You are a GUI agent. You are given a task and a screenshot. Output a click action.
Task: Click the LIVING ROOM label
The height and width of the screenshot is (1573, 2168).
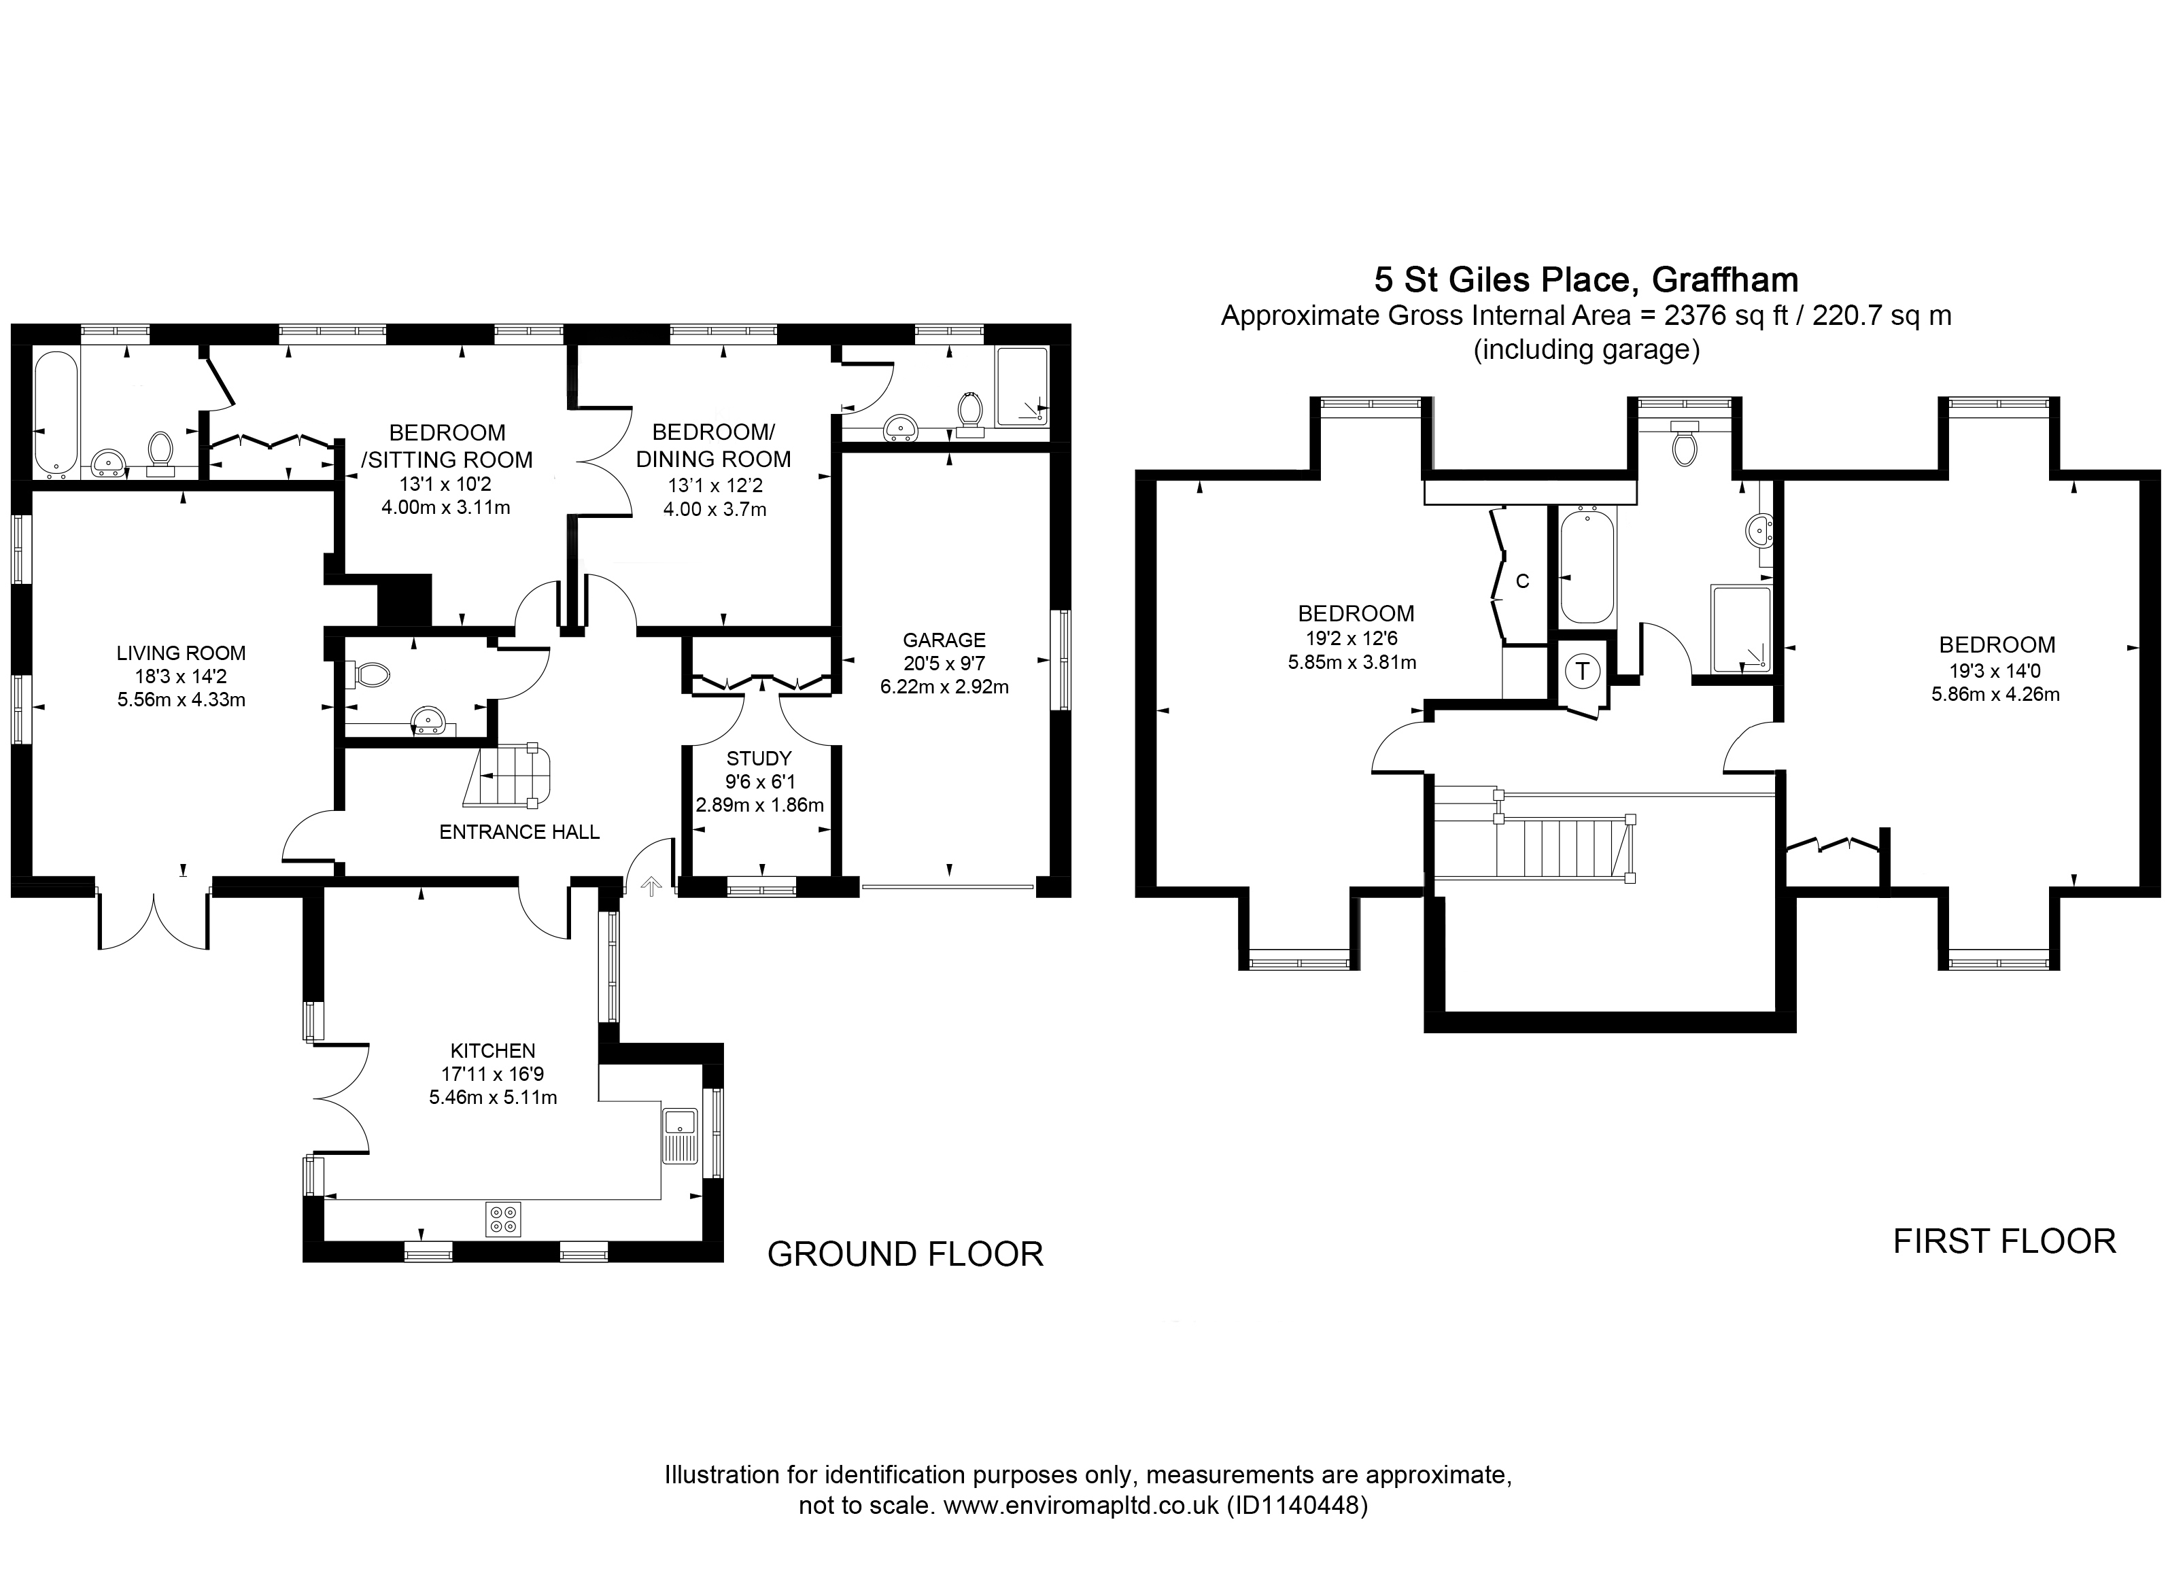coord(181,654)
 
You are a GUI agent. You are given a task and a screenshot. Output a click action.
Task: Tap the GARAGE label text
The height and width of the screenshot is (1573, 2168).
coord(944,640)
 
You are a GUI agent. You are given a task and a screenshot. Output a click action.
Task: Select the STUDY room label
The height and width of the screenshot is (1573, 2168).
coord(759,759)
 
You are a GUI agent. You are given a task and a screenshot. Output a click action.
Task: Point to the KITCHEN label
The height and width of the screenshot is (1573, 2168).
coord(494,1051)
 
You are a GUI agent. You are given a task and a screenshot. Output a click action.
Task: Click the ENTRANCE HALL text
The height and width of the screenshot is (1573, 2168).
coord(519,832)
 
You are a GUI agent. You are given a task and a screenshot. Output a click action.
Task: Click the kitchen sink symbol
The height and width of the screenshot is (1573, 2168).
coord(681,1135)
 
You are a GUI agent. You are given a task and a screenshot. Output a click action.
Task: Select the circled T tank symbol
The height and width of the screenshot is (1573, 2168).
coord(1583,671)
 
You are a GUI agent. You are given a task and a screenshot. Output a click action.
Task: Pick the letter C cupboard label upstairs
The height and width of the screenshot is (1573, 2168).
coord(1523,581)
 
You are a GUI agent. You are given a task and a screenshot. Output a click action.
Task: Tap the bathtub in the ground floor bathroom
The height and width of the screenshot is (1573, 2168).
coord(56,414)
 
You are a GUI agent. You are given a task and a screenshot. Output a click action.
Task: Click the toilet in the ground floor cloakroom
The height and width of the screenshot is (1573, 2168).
coord(371,676)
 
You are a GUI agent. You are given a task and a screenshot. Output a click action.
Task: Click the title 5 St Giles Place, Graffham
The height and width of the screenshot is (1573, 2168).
coord(1586,279)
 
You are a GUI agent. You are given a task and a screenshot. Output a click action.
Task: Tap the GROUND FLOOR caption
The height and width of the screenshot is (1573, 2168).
coord(906,1254)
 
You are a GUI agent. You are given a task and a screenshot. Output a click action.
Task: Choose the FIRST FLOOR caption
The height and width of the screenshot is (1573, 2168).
coord(2005,1241)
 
